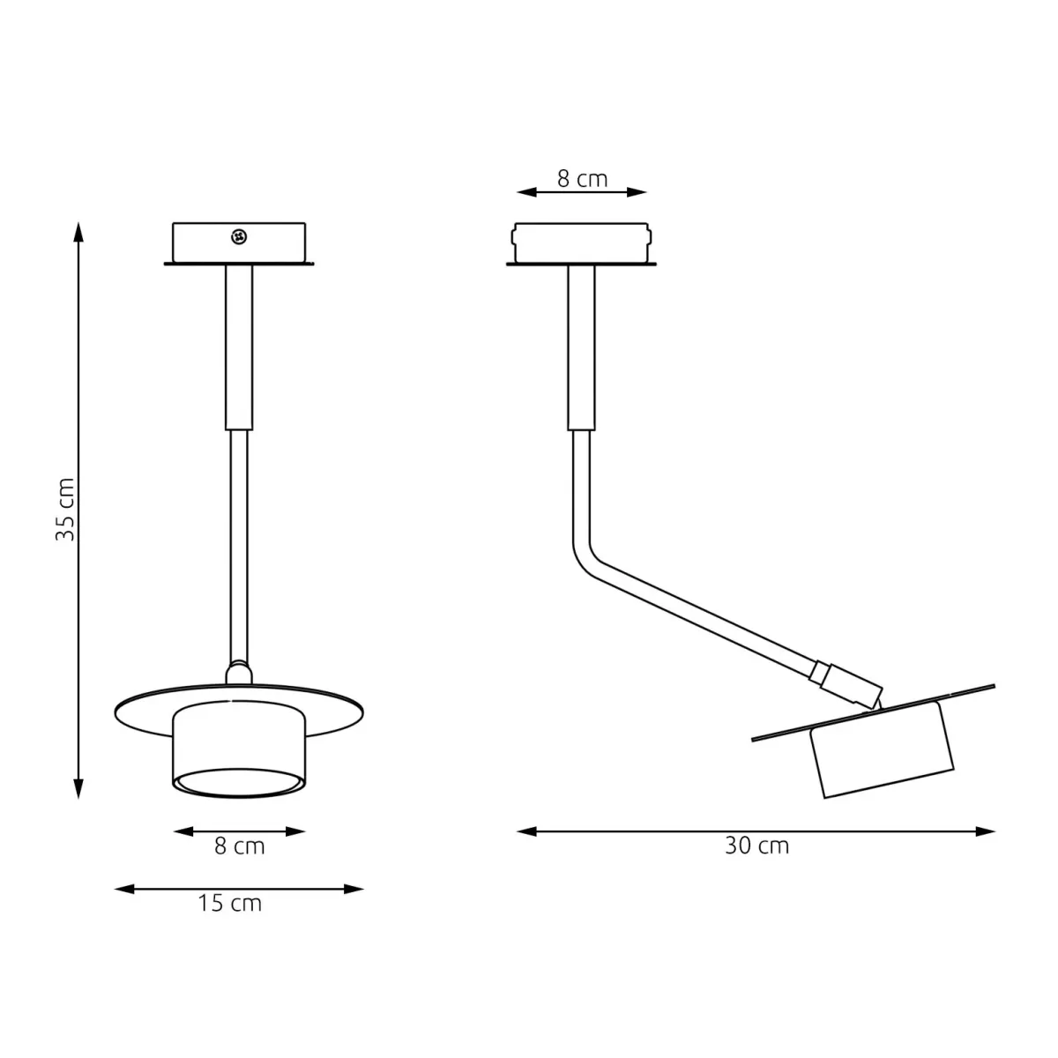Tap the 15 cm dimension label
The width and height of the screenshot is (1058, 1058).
(x=229, y=904)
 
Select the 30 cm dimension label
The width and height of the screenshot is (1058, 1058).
(x=756, y=846)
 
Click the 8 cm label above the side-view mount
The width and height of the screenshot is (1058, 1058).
(x=582, y=179)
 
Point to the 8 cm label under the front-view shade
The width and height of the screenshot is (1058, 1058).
(x=239, y=846)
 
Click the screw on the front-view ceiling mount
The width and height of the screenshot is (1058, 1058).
(x=239, y=236)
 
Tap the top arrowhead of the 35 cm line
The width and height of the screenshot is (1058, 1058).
(x=78, y=231)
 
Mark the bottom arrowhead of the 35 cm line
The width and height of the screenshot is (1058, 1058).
(x=78, y=789)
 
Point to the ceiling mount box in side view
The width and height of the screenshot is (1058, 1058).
(x=581, y=243)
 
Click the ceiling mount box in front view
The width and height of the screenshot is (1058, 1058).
(x=239, y=243)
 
